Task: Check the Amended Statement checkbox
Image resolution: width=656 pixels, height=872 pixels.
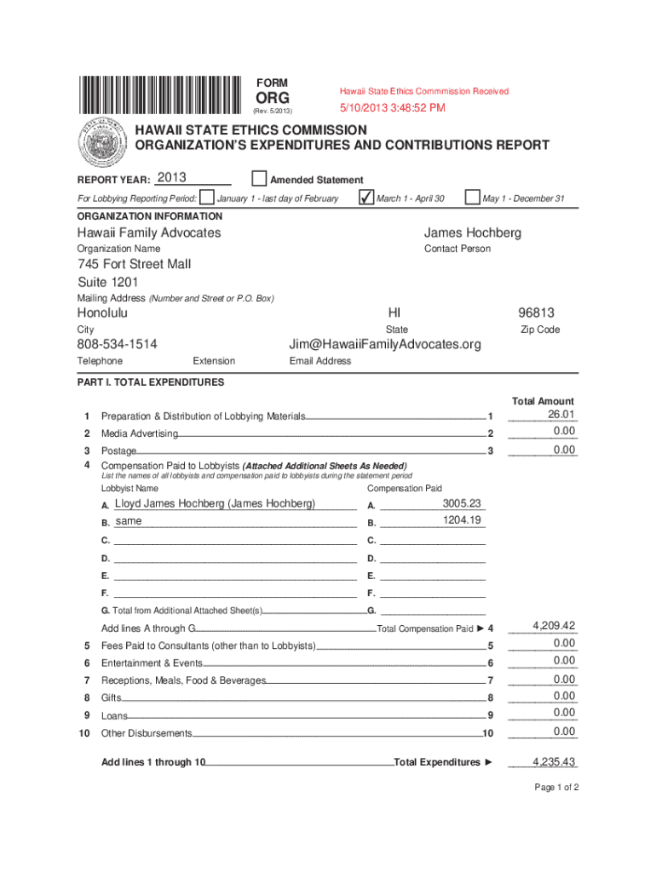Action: coord(258,179)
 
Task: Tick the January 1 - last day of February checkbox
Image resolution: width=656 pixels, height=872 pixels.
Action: coord(205,198)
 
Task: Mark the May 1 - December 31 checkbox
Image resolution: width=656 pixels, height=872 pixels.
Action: coord(472,198)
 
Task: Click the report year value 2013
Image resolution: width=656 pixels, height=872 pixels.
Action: coord(171,177)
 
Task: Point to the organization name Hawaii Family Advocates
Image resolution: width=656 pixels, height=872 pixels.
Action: coord(149,232)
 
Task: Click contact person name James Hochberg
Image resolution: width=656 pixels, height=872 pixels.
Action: coord(473,232)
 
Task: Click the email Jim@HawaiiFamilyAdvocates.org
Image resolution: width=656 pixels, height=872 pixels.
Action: coord(385,344)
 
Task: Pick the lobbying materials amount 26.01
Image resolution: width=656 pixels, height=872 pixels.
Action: coord(561,415)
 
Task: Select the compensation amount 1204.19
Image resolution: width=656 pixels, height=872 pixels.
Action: coord(462,520)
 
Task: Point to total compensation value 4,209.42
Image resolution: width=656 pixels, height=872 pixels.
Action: coord(554,626)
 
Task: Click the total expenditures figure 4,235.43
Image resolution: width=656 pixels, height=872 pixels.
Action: coord(554,762)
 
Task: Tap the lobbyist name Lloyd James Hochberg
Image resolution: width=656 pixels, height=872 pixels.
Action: coord(215,503)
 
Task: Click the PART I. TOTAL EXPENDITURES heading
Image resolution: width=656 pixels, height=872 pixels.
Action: coord(151,382)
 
